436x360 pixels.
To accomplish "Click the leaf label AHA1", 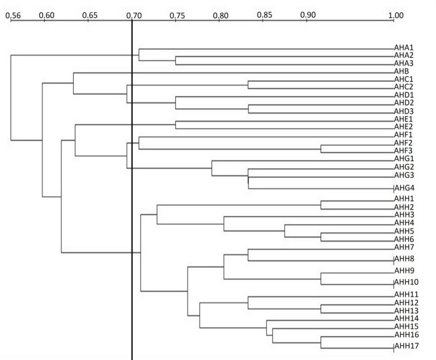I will pos(404,47).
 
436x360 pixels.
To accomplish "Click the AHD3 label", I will pos(404,111).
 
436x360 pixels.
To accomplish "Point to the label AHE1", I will pos(404,119).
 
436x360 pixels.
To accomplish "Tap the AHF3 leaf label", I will pos(404,151).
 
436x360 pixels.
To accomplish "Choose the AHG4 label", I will pos(405,188).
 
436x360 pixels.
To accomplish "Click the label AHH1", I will pos(405,199).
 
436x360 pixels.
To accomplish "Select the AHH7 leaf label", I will pos(405,246).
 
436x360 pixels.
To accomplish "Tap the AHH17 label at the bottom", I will pos(406,347).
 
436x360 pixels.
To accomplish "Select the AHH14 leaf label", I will pos(406,318).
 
